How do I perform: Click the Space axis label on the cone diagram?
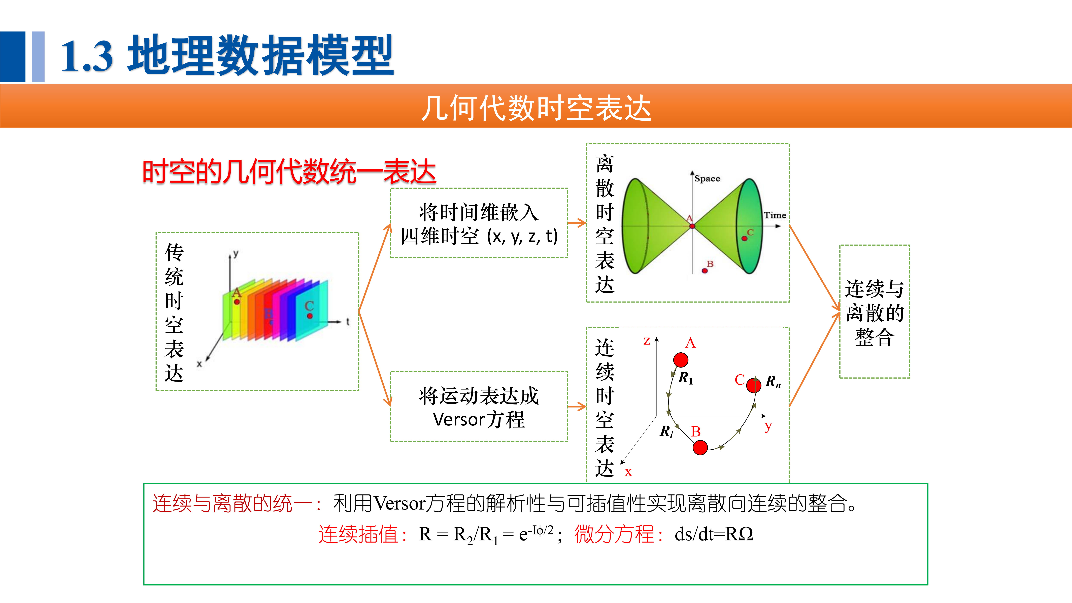pyautogui.click(x=707, y=179)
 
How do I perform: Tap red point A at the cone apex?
pyautogui.click(x=692, y=226)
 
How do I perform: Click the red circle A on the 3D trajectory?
pyautogui.click(x=681, y=360)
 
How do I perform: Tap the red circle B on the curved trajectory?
pyautogui.click(x=700, y=448)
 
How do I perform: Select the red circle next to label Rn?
pyautogui.click(x=754, y=385)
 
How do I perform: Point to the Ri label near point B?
pyautogui.click(x=666, y=431)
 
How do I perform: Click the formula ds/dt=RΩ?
pyautogui.click(x=714, y=534)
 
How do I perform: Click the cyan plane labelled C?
pyautogui.click(x=312, y=310)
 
